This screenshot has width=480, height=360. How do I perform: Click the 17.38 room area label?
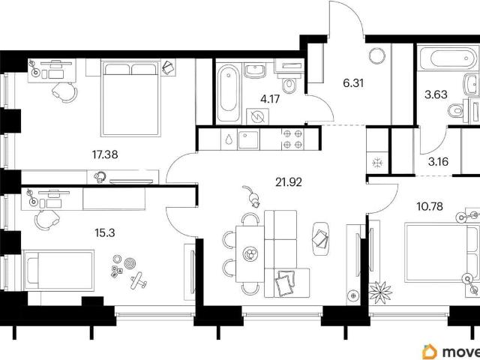[x=105, y=154]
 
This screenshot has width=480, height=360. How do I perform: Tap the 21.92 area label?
[x=289, y=182]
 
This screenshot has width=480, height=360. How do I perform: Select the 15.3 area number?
[x=105, y=233]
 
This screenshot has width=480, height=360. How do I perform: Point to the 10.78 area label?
[x=430, y=207]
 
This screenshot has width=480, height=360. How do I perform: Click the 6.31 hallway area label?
[x=353, y=82]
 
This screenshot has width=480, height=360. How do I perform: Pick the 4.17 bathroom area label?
[x=270, y=99]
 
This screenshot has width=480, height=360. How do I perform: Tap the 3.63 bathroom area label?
[x=436, y=94]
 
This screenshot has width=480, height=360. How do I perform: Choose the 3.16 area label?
[x=438, y=162]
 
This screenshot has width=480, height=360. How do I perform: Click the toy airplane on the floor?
[x=138, y=280]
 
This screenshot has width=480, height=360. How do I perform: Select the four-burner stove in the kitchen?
[x=292, y=139]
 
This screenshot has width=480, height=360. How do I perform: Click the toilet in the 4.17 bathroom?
[x=288, y=85]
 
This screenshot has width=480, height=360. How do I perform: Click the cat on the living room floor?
[x=252, y=196]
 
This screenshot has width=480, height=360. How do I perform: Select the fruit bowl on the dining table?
[x=250, y=253]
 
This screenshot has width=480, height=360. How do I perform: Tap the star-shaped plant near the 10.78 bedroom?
[x=380, y=292]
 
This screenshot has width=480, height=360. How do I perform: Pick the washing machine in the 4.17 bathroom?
[x=257, y=116]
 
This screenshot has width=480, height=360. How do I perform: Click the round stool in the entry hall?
[x=376, y=55]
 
